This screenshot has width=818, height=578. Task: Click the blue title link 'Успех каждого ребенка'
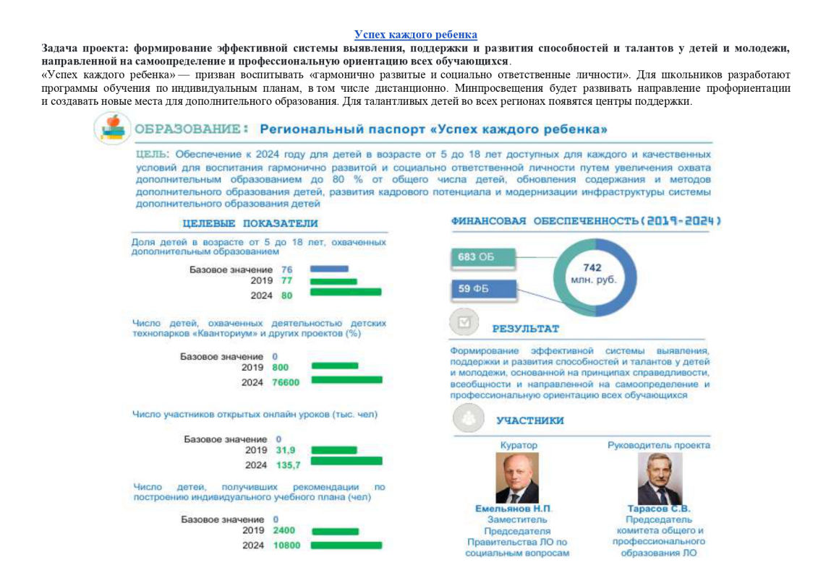415,35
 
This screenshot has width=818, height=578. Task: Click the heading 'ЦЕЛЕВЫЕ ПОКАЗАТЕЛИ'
250,223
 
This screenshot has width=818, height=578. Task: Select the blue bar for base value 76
329,269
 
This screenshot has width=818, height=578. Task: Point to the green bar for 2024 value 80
345,293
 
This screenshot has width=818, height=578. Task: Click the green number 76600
286,381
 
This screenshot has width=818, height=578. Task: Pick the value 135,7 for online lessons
289,465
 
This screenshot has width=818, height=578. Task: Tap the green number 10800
286,545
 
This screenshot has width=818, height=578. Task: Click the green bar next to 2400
334,531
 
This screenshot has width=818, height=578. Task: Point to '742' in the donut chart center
592,267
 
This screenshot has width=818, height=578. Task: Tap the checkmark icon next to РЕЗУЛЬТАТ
464,322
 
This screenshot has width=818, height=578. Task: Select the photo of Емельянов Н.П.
517,477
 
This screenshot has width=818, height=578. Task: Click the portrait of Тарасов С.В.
659,477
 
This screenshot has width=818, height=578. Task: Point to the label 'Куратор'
519,445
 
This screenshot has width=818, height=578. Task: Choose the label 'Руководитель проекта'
658,445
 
